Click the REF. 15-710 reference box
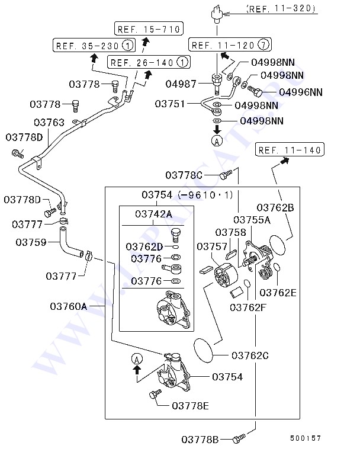(x=149, y=28)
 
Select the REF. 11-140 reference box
(x=290, y=149)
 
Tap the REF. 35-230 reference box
(x=94, y=45)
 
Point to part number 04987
(x=181, y=84)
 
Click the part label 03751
(x=170, y=104)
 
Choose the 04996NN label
(x=301, y=92)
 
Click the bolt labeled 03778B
(x=239, y=439)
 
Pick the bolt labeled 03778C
(x=226, y=175)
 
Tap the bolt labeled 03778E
(x=155, y=394)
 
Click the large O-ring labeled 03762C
(x=203, y=351)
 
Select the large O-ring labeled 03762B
(x=278, y=245)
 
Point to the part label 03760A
(x=69, y=306)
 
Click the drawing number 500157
(x=306, y=438)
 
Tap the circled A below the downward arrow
(x=217, y=141)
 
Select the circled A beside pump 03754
(x=137, y=359)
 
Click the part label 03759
(x=31, y=242)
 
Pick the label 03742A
(x=154, y=214)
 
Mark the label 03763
(x=49, y=122)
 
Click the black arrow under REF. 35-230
(x=94, y=58)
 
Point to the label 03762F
(x=248, y=307)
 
